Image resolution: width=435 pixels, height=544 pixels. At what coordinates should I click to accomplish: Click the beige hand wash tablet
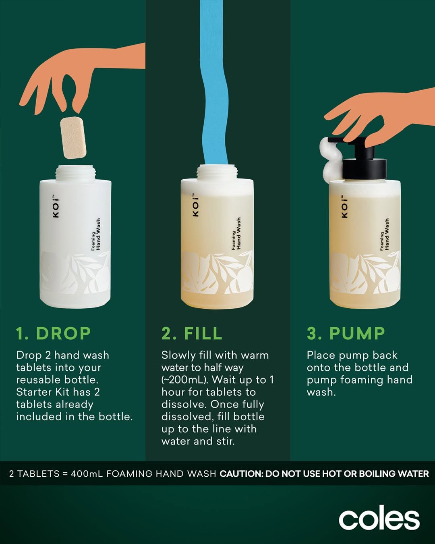(73, 137)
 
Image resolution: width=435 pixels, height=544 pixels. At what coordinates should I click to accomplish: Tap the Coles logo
(379, 517)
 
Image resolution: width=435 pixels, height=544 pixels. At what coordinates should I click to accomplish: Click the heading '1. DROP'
(53, 333)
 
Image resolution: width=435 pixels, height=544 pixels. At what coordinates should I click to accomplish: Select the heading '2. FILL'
(192, 333)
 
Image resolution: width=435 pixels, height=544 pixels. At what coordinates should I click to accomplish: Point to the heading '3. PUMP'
(346, 333)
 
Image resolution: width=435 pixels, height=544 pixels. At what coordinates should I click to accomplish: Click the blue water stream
(215, 83)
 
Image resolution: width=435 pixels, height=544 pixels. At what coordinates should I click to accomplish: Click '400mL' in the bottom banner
(87, 473)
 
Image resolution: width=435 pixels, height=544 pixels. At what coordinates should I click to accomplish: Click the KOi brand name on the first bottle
(56, 206)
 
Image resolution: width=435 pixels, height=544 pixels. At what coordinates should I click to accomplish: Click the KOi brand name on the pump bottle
(344, 206)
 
